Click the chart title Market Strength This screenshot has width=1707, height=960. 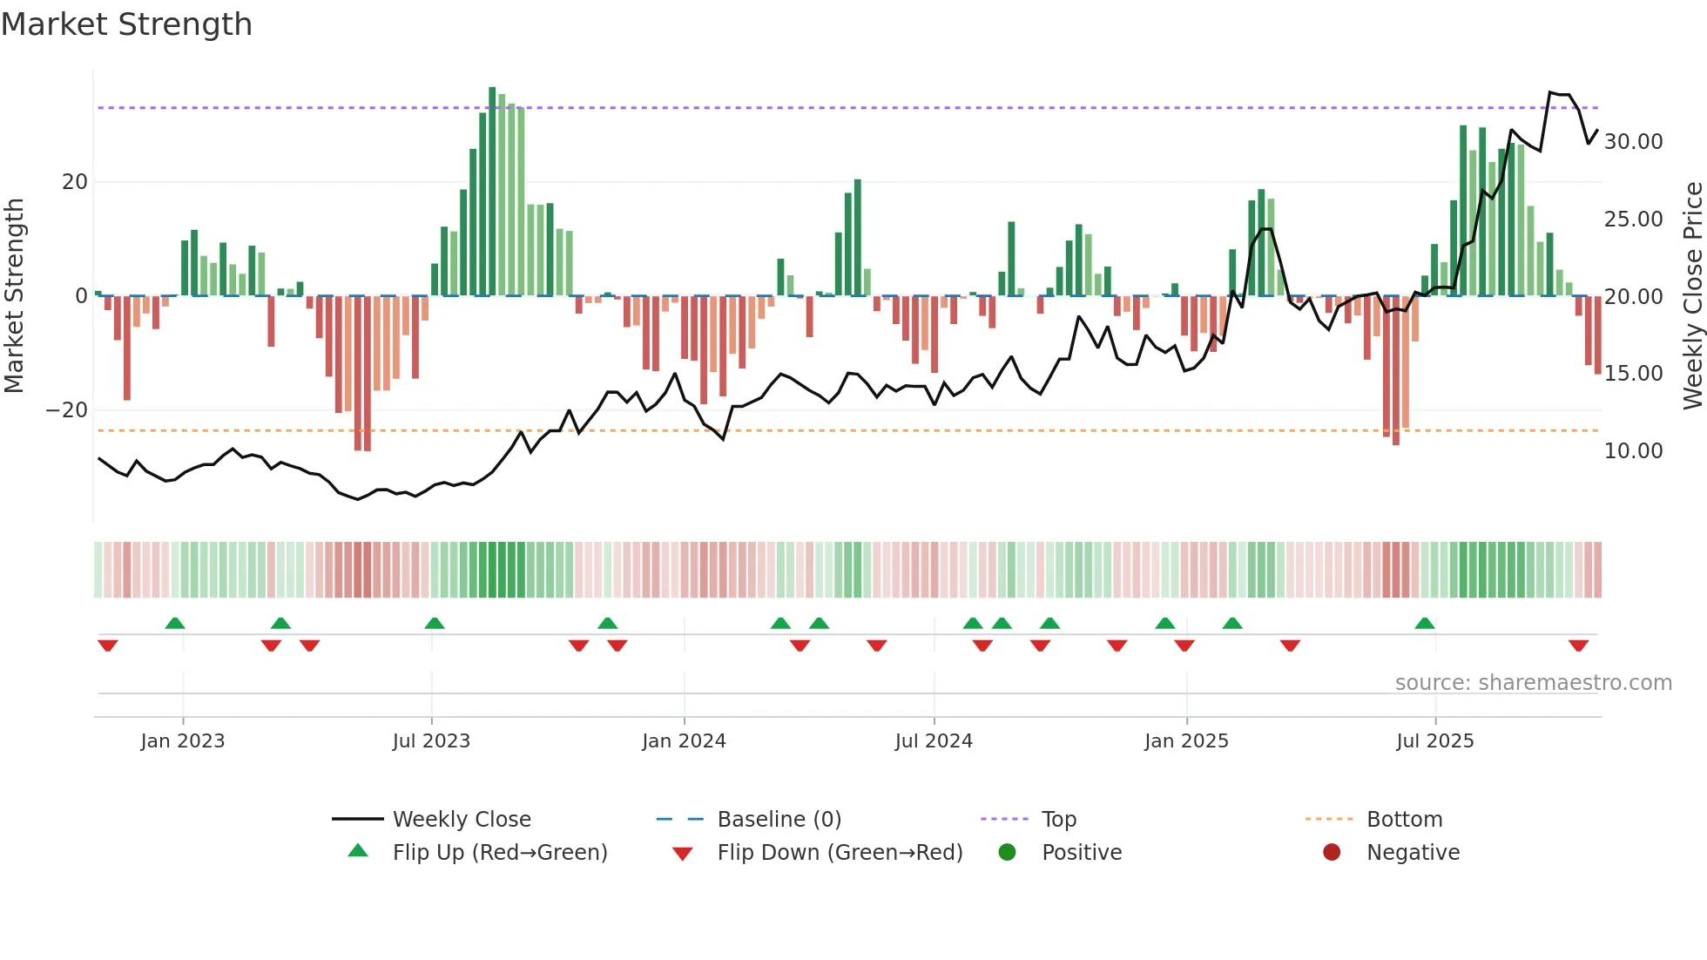click(x=126, y=24)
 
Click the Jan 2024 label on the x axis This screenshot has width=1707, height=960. click(x=684, y=741)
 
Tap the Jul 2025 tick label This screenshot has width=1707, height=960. click(x=1434, y=741)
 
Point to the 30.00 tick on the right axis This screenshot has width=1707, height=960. click(x=1633, y=142)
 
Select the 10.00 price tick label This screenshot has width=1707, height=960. click(x=1633, y=451)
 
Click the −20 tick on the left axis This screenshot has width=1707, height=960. click(x=67, y=410)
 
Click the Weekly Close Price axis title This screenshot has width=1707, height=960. click(x=1692, y=296)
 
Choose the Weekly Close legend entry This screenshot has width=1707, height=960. click(x=461, y=820)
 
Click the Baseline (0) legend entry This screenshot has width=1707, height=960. click(x=779, y=820)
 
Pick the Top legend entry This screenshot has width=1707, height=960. click(x=1058, y=820)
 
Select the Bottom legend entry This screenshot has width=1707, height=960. click(x=1404, y=820)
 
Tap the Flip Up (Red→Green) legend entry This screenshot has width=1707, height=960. click(x=499, y=853)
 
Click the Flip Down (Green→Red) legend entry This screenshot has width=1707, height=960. click(x=840, y=853)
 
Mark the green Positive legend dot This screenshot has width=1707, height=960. click(x=1008, y=853)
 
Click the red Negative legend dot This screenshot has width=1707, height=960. click(x=1332, y=853)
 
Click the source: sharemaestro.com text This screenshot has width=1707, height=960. click(x=1533, y=683)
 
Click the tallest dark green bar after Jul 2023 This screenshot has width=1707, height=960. click(x=492, y=192)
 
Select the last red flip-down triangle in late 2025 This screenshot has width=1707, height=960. click(x=1578, y=646)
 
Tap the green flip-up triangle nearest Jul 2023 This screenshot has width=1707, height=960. click(x=435, y=623)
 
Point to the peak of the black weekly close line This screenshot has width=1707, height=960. click(x=1550, y=92)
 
